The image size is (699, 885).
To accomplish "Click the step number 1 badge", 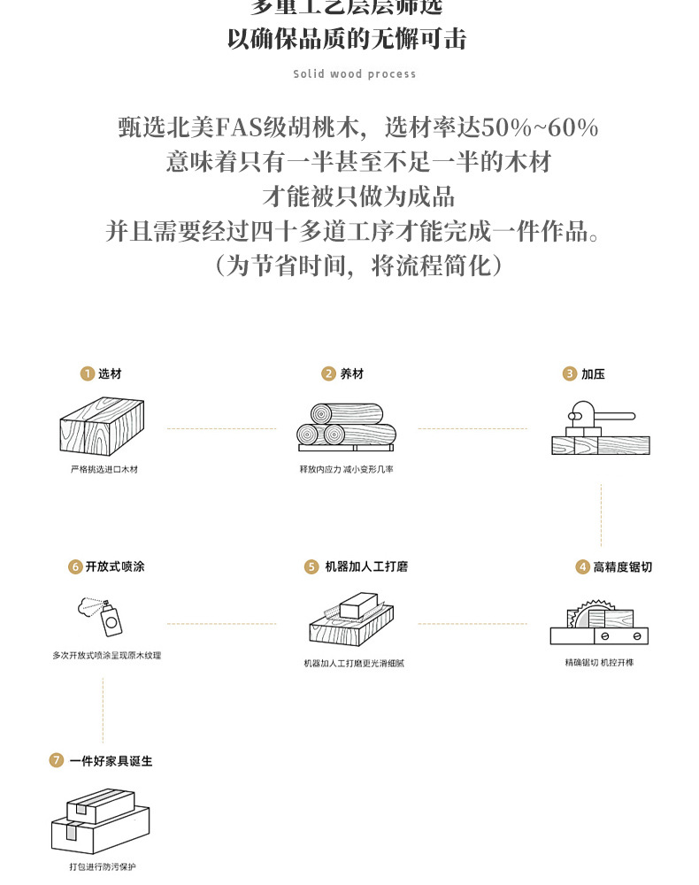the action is pyautogui.click(x=87, y=374).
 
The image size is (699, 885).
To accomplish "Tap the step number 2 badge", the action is pyautogui.click(x=329, y=374).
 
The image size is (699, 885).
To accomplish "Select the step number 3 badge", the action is pyautogui.click(x=570, y=374).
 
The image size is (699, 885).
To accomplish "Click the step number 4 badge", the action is pyautogui.click(x=582, y=566).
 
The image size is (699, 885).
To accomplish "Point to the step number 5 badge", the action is pyautogui.click(x=311, y=566).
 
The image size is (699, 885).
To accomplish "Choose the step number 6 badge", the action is pyautogui.click(x=75, y=566).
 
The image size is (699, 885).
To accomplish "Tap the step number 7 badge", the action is pyautogui.click(x=57, y=760).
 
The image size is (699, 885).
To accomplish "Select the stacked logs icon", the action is pyautogui.click(x=346, y=427).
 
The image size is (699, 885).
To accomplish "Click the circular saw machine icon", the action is pyautogui.click(x=599, y=619).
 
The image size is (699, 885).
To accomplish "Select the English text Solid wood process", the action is pyautogui.click(x=354, y=74).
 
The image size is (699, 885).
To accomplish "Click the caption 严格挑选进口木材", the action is pyautogui.click(x=104, y=469).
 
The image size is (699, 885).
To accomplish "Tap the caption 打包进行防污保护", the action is pyautogui.click(x=104, y=866).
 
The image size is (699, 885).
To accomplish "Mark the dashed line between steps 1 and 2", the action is pyautogui.click(x=221, y=428).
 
